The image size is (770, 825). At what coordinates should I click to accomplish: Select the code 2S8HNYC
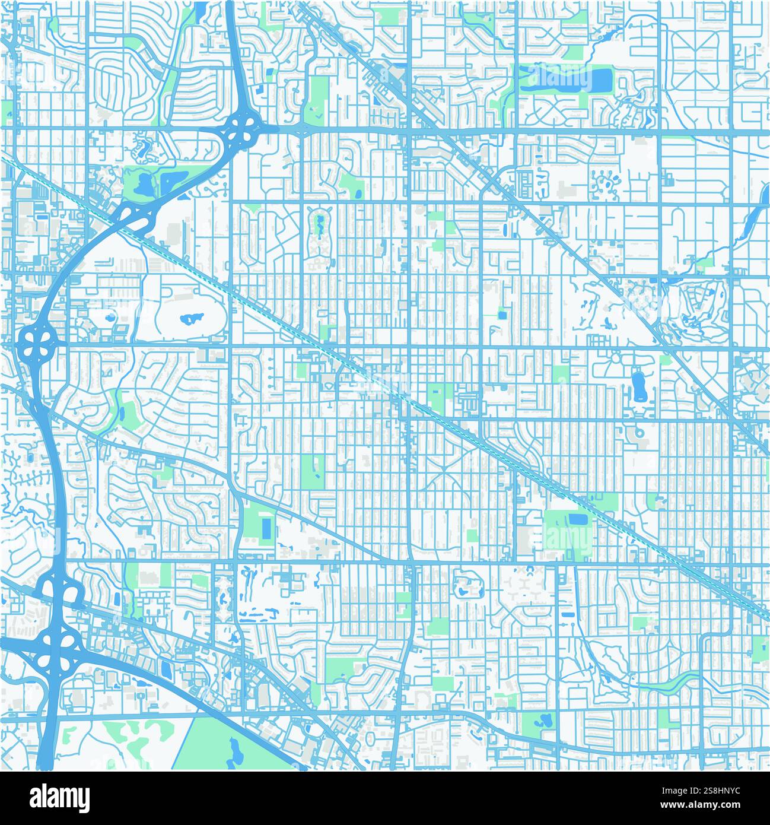[726, 790]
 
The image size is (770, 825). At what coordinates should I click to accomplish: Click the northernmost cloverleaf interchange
[243, 126]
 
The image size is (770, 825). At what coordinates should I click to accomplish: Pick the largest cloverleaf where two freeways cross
[57, 647]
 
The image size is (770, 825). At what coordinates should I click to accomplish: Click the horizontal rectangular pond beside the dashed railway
[577, 519]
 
